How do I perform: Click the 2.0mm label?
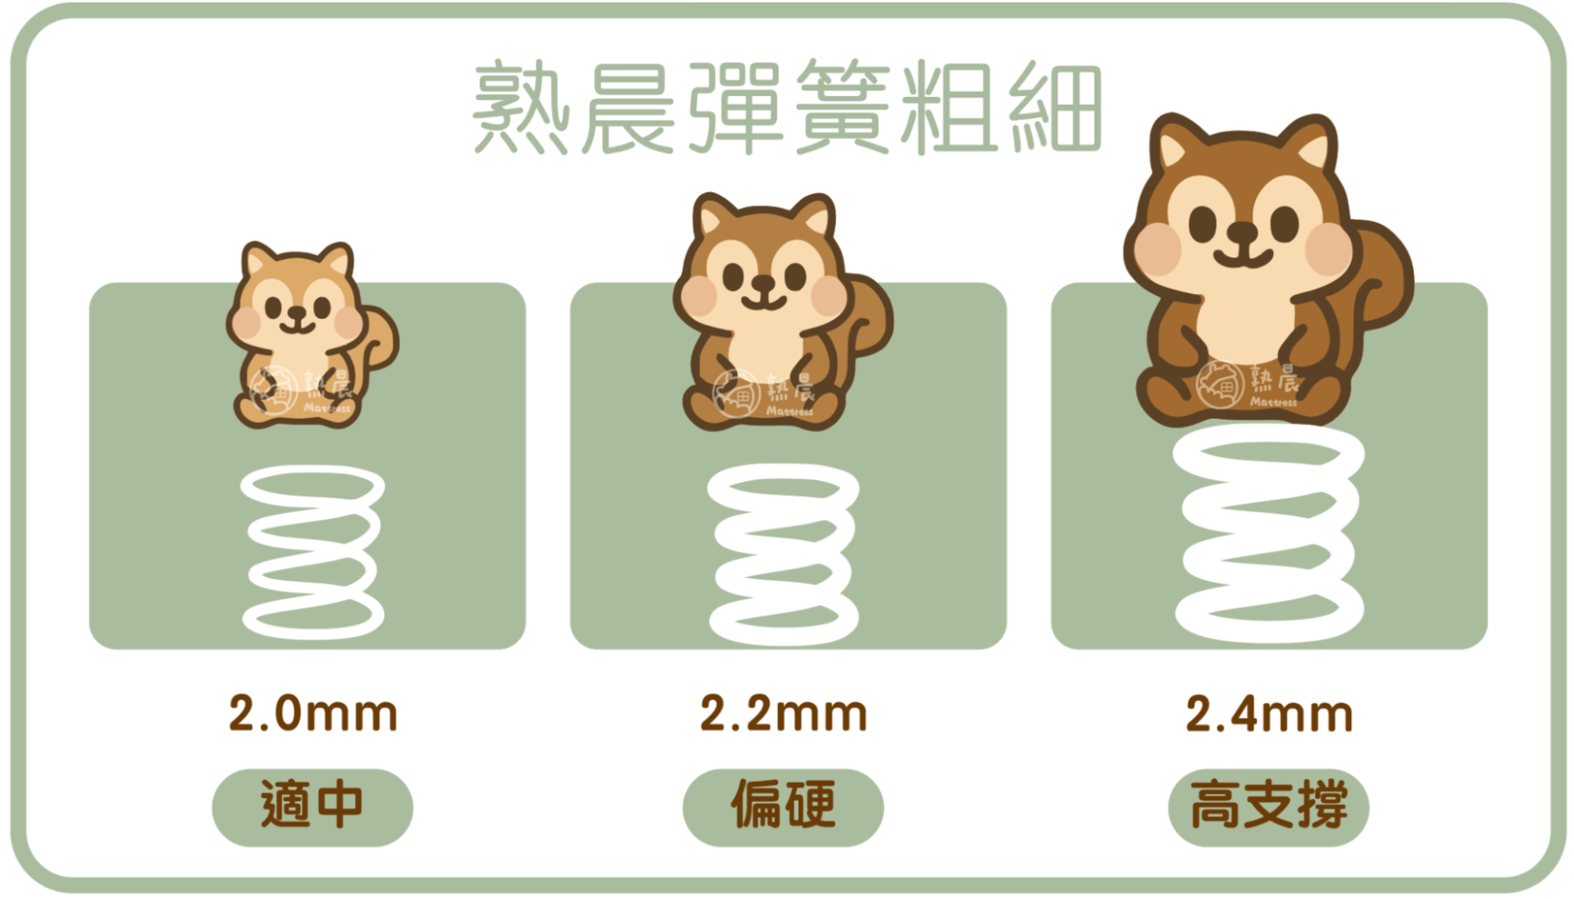click(313, 713)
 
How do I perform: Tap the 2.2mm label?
click(784, 713)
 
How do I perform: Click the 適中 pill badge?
click(312, 806)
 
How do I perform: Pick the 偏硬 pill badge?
click(783, 806)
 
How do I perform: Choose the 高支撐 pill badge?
click(1268, 806)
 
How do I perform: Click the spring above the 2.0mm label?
click(312, 552)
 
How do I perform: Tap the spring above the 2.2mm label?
click(784, 554)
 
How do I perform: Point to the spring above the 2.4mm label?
click(1269, 533)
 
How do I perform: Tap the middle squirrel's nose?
click(763, 284)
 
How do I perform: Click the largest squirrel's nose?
click(1243, 232)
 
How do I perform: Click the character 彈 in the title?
click(734, 107)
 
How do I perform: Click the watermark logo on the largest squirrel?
click(1220, 384)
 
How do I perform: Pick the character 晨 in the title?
click(628, 107)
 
